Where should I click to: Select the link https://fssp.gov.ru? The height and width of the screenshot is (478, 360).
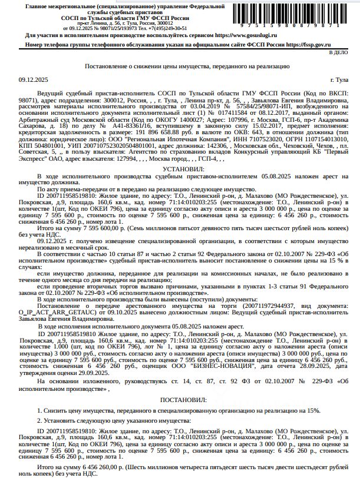[311, 44]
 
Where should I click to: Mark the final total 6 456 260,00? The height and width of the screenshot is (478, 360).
[98, 467]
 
